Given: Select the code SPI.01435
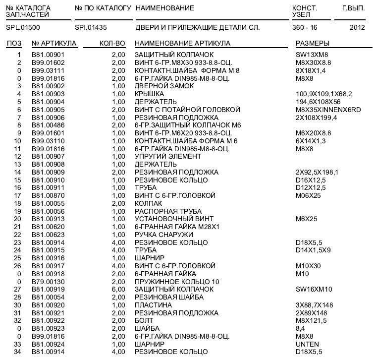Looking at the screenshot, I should coord(91,27).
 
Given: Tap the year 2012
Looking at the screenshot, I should coord(357,27).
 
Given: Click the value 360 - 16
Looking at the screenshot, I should coord(305,27).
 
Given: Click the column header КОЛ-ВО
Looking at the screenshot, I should coord(112,44).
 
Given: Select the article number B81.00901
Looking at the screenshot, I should coord(48,55).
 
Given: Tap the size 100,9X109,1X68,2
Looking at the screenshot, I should coord(324,94).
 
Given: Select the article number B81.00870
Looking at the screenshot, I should coord(48,195).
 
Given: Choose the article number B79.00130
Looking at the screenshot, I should coord(48,281).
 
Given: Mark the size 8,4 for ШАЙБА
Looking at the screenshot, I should coord(301,328).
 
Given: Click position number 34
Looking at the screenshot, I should coord(18,352).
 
